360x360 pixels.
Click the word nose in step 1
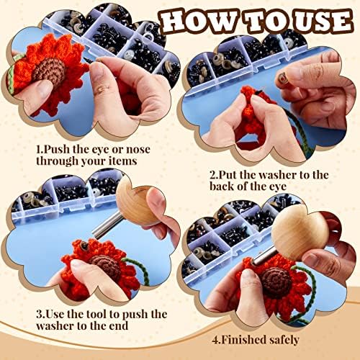click(138, 150)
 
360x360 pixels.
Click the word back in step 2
click(222, 186)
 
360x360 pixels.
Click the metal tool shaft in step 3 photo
click(107, 225)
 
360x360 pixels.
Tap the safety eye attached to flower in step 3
click(84, 246)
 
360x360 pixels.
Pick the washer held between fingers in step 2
click(283, 79)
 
